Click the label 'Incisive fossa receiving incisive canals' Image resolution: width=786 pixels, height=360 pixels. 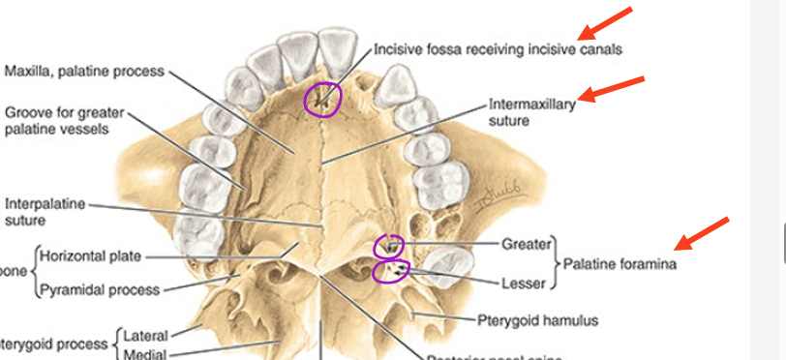coord(498,47)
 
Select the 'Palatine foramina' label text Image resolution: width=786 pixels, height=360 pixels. coord(620,263)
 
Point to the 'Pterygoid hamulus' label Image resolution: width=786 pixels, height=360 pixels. coord(537,319)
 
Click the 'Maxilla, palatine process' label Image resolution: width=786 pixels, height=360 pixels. coord(84,72)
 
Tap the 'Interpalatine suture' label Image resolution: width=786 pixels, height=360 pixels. coord(45,212)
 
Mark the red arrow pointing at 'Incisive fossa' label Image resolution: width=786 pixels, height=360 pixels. coord(605,27)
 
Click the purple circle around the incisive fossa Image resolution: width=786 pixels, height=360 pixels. coord(322,98)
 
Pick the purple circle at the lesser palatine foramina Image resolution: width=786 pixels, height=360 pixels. coord(390,272)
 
